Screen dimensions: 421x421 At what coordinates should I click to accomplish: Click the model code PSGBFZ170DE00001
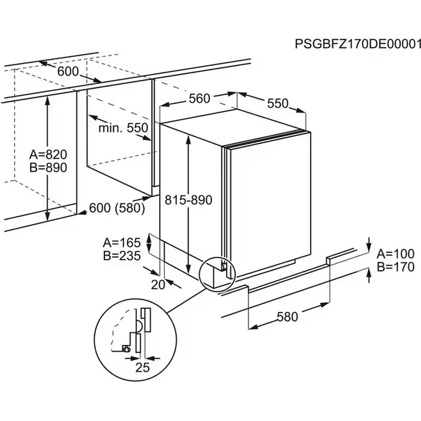coord(358,44)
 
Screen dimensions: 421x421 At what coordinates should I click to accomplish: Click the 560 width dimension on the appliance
coord(199,99)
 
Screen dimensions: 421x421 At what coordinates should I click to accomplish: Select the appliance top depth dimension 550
coord(277,103)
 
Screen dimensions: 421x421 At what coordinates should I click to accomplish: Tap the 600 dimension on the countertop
coord(68,72)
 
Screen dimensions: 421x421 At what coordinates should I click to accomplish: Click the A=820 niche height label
coord(48,155)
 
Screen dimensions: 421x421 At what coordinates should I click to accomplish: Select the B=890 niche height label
coord(48,168)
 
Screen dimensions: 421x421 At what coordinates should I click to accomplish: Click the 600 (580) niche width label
coord(117,208)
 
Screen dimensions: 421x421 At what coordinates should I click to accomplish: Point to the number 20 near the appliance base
coord(158,285)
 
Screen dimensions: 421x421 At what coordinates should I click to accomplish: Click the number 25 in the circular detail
coord(143,368)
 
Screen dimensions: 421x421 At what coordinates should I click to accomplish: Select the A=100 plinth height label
coord(395,253)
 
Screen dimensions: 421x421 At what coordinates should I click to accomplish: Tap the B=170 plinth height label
coord(395,266)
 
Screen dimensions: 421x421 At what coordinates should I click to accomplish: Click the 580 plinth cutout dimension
coord(287,316)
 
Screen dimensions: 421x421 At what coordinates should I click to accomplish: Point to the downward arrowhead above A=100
coord(369,245)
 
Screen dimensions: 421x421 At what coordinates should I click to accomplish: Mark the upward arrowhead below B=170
coord(369,273)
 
